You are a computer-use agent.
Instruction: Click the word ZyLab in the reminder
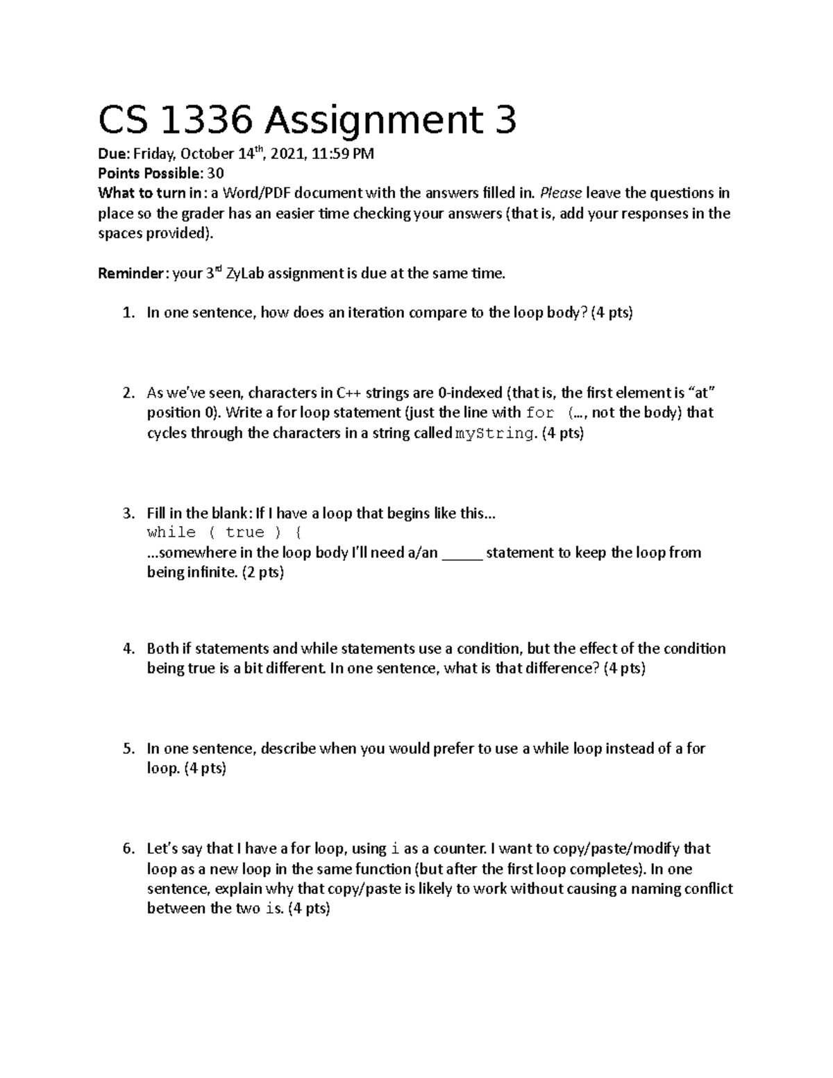(246, 273)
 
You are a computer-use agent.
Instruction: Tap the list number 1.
(128, 313)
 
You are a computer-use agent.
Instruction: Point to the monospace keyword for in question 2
(540, 413)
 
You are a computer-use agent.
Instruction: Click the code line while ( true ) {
(224, 532)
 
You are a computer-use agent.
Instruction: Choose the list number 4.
(128, 649)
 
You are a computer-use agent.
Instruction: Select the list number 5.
(128, 749)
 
